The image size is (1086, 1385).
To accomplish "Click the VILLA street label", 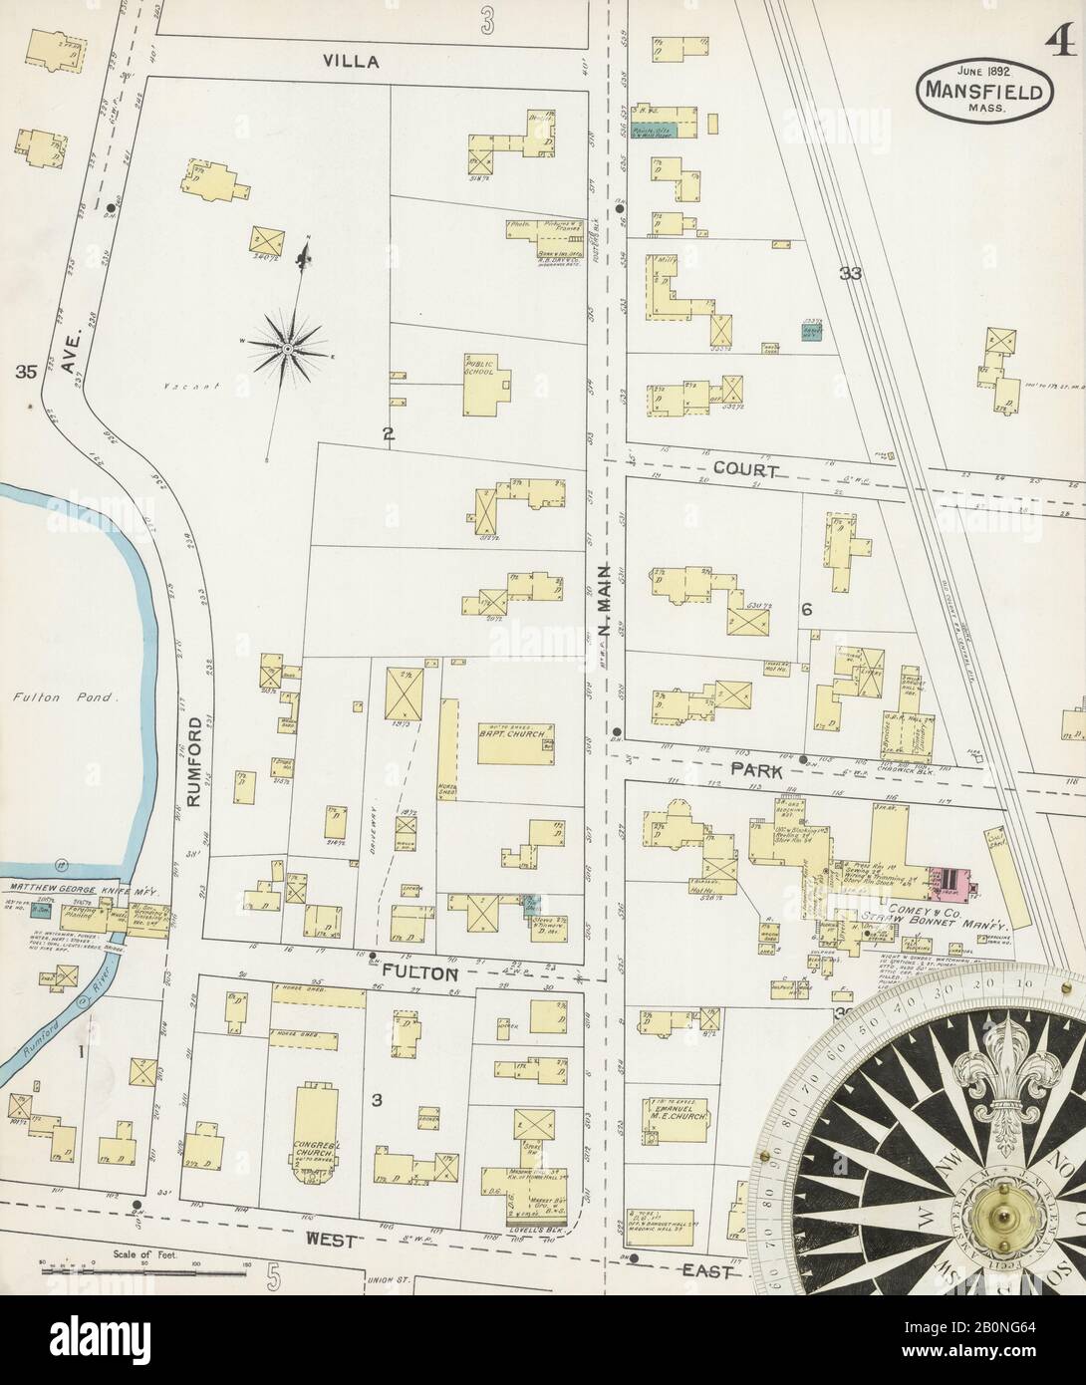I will (351, 61).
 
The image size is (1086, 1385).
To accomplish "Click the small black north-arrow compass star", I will (288, 348).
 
